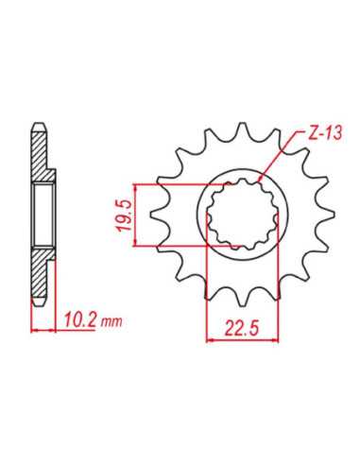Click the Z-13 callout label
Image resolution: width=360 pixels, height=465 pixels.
pos(324,133)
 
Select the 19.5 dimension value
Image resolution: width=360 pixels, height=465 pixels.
pos(126,215)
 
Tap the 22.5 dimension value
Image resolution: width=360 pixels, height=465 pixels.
pos(241,329)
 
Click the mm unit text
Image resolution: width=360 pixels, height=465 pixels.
pos(111,322)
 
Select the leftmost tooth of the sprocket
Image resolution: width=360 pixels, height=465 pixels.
pos(158,215)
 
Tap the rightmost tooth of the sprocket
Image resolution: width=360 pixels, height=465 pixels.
pos(328,215)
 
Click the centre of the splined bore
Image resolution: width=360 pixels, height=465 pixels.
pos(242,215)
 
